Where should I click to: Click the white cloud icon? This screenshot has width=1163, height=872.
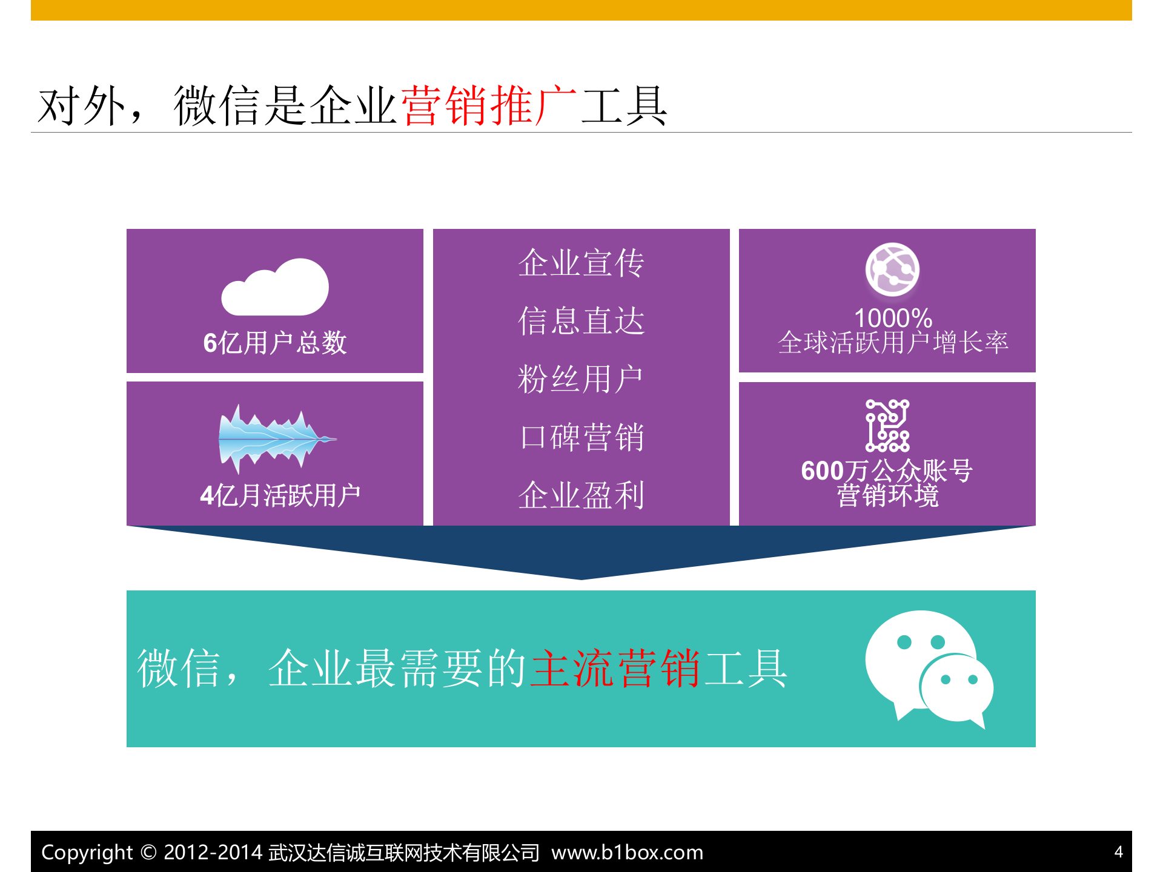tap(275, 288)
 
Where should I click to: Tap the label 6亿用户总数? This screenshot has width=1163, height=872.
tap(275, 343)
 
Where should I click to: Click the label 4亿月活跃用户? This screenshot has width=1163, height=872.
tap(280, 495)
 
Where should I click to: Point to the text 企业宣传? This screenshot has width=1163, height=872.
tap(581, 263)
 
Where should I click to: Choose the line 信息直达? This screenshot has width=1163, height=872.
tap(581, 321)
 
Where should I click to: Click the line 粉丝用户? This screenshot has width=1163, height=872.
tap(580, 379)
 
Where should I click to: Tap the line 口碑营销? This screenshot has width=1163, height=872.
tap(581, 437)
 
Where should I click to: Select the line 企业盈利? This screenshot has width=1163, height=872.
tap(581, 495)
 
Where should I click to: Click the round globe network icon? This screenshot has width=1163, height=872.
tap(892, 269)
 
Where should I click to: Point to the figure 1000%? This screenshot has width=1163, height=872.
tap(893, 318)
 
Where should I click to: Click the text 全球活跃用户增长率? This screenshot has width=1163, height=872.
tap(893, 343)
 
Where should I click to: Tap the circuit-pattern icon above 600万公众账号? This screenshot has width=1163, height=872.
tap(887, 425)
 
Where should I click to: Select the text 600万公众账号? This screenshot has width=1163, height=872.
tap(887, 471)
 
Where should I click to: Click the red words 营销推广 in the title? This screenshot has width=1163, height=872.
tap(489, 106)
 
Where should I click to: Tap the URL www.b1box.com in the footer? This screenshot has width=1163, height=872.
tap(627, 852)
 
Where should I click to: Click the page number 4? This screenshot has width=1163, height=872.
tap(1118, 852)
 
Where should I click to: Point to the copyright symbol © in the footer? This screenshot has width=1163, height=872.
tap(148, 852)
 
